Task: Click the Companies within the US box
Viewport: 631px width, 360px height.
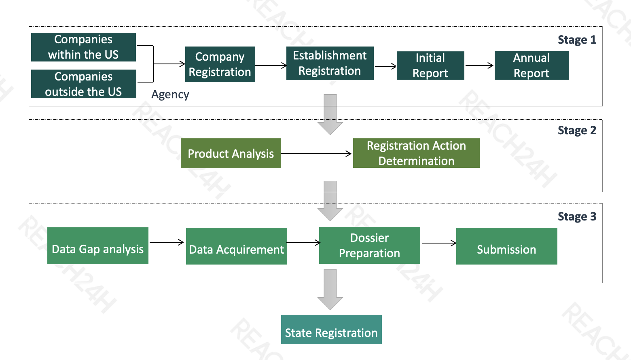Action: click(83, 47)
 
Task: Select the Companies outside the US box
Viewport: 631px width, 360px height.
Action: click(84, 84)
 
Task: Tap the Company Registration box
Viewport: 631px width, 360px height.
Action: click(220, 64)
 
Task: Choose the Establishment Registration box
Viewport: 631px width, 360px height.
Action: click(330, 64)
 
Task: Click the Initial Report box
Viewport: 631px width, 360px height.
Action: click(430, 66)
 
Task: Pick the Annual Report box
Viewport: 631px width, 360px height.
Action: click(531, 66)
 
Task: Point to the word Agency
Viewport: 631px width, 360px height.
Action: click(170, 95)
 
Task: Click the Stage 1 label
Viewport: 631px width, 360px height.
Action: click(577, 40)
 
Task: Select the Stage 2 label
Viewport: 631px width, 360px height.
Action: click(577, 130)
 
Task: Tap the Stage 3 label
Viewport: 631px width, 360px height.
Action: click(577, 217)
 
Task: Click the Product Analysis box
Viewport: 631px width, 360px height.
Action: click(231, 153)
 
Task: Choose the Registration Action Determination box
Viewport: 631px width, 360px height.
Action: click(416, 153)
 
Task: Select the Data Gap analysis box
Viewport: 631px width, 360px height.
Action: click(98, 246)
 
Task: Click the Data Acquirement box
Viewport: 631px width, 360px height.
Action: click(236, 246)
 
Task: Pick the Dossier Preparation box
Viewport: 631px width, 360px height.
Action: click(369, 246)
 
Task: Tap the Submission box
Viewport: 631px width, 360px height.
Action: click(506, 246)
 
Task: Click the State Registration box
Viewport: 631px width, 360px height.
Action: click(331, 329)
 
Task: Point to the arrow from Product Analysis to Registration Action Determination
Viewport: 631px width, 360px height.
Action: click(316, 154)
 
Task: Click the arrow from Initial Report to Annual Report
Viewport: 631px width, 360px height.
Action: click(479, 66)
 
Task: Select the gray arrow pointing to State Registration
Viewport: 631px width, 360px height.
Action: click(330, 290)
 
